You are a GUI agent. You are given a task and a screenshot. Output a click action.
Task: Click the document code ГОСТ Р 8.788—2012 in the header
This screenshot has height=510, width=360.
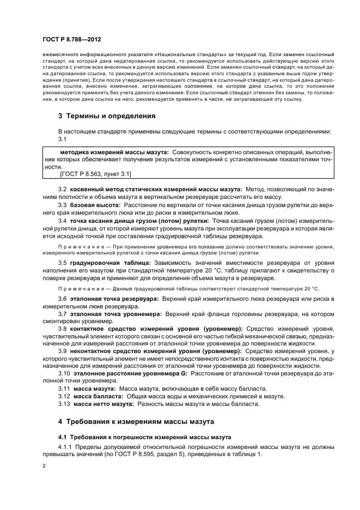click(x=71, y=40)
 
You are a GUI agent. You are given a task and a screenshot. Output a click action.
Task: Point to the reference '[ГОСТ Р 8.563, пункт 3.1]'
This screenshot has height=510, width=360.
click(x=95, y=174)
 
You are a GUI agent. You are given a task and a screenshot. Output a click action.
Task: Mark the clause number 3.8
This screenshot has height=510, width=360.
click(x=63, y=329)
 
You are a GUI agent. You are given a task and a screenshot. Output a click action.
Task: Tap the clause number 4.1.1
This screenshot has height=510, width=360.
click(x=66, y=447)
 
